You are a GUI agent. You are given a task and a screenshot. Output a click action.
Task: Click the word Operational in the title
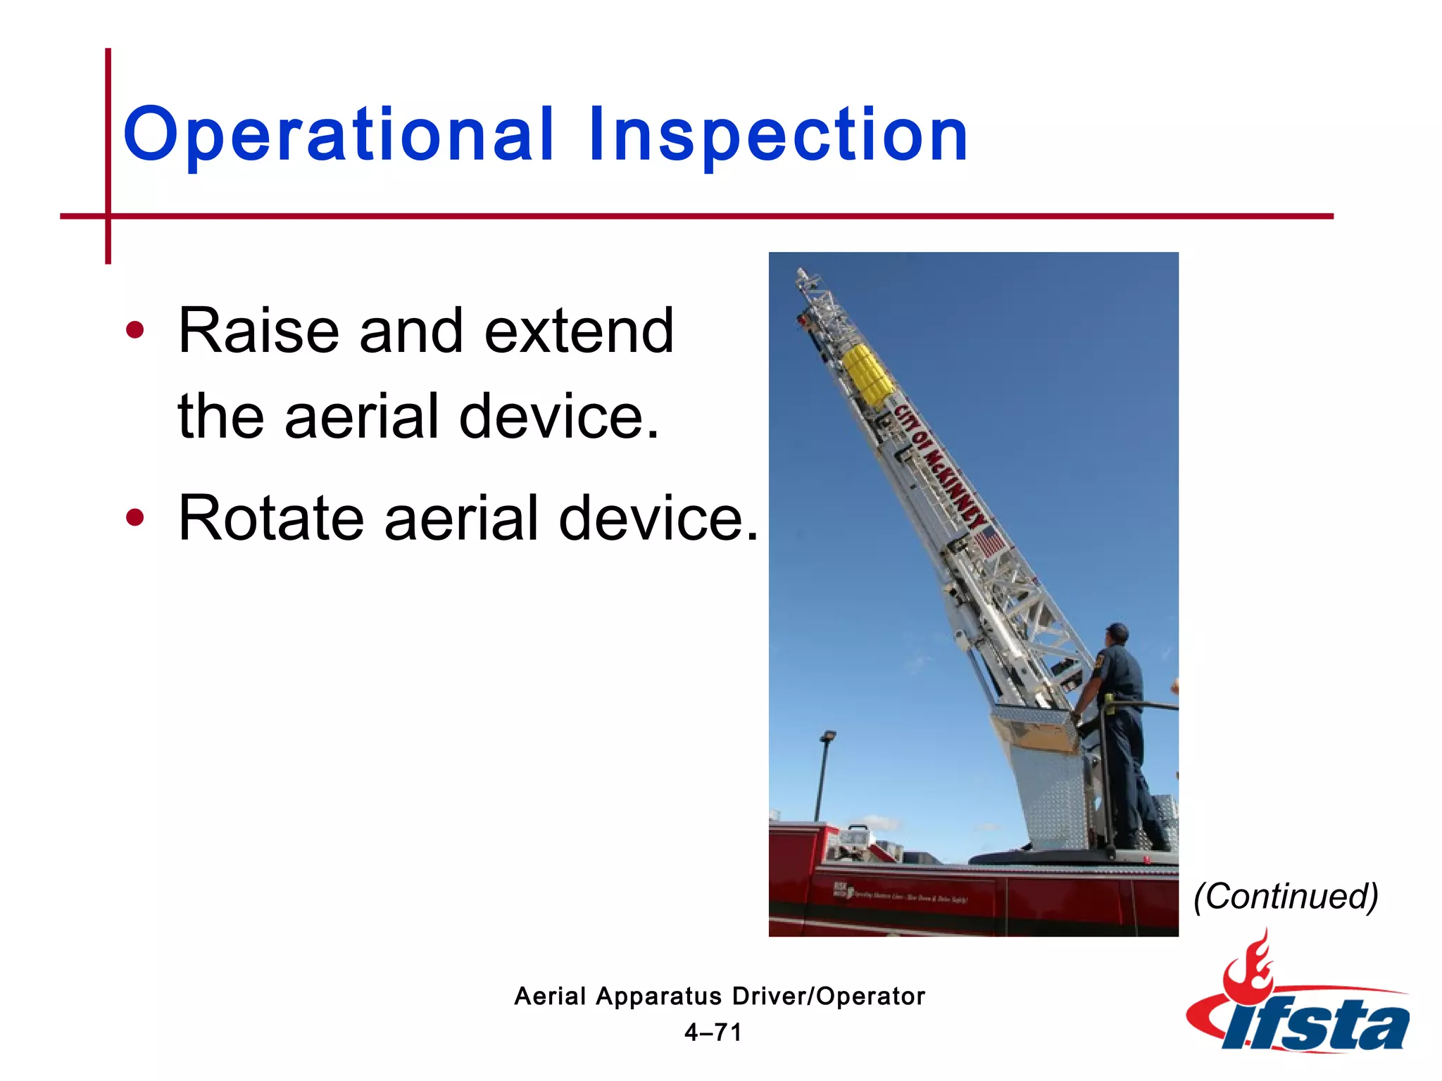338,135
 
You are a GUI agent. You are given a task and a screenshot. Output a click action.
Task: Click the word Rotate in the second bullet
271,518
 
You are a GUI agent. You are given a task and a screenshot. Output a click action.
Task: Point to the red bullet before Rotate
134,519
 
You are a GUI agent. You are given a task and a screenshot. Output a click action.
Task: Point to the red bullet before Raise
134,331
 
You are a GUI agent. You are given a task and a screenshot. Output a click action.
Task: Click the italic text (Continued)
1286,896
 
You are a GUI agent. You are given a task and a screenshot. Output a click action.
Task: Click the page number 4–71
713,1032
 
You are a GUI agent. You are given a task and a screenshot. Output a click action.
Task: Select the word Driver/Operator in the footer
828,996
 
